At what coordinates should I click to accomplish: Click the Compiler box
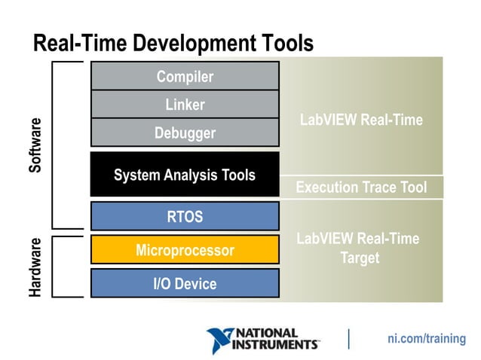185,76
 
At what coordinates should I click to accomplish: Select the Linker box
185,105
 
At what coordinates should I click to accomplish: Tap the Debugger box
185,133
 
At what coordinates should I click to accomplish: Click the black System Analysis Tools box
185,175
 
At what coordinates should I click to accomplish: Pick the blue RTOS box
185,217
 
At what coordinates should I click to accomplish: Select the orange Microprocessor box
185,250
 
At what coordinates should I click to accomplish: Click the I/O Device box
185,283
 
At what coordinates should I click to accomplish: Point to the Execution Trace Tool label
361,187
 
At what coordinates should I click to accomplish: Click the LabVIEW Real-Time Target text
358,248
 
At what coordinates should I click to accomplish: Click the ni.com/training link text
427,339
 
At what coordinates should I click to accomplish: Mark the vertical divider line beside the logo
348,339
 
